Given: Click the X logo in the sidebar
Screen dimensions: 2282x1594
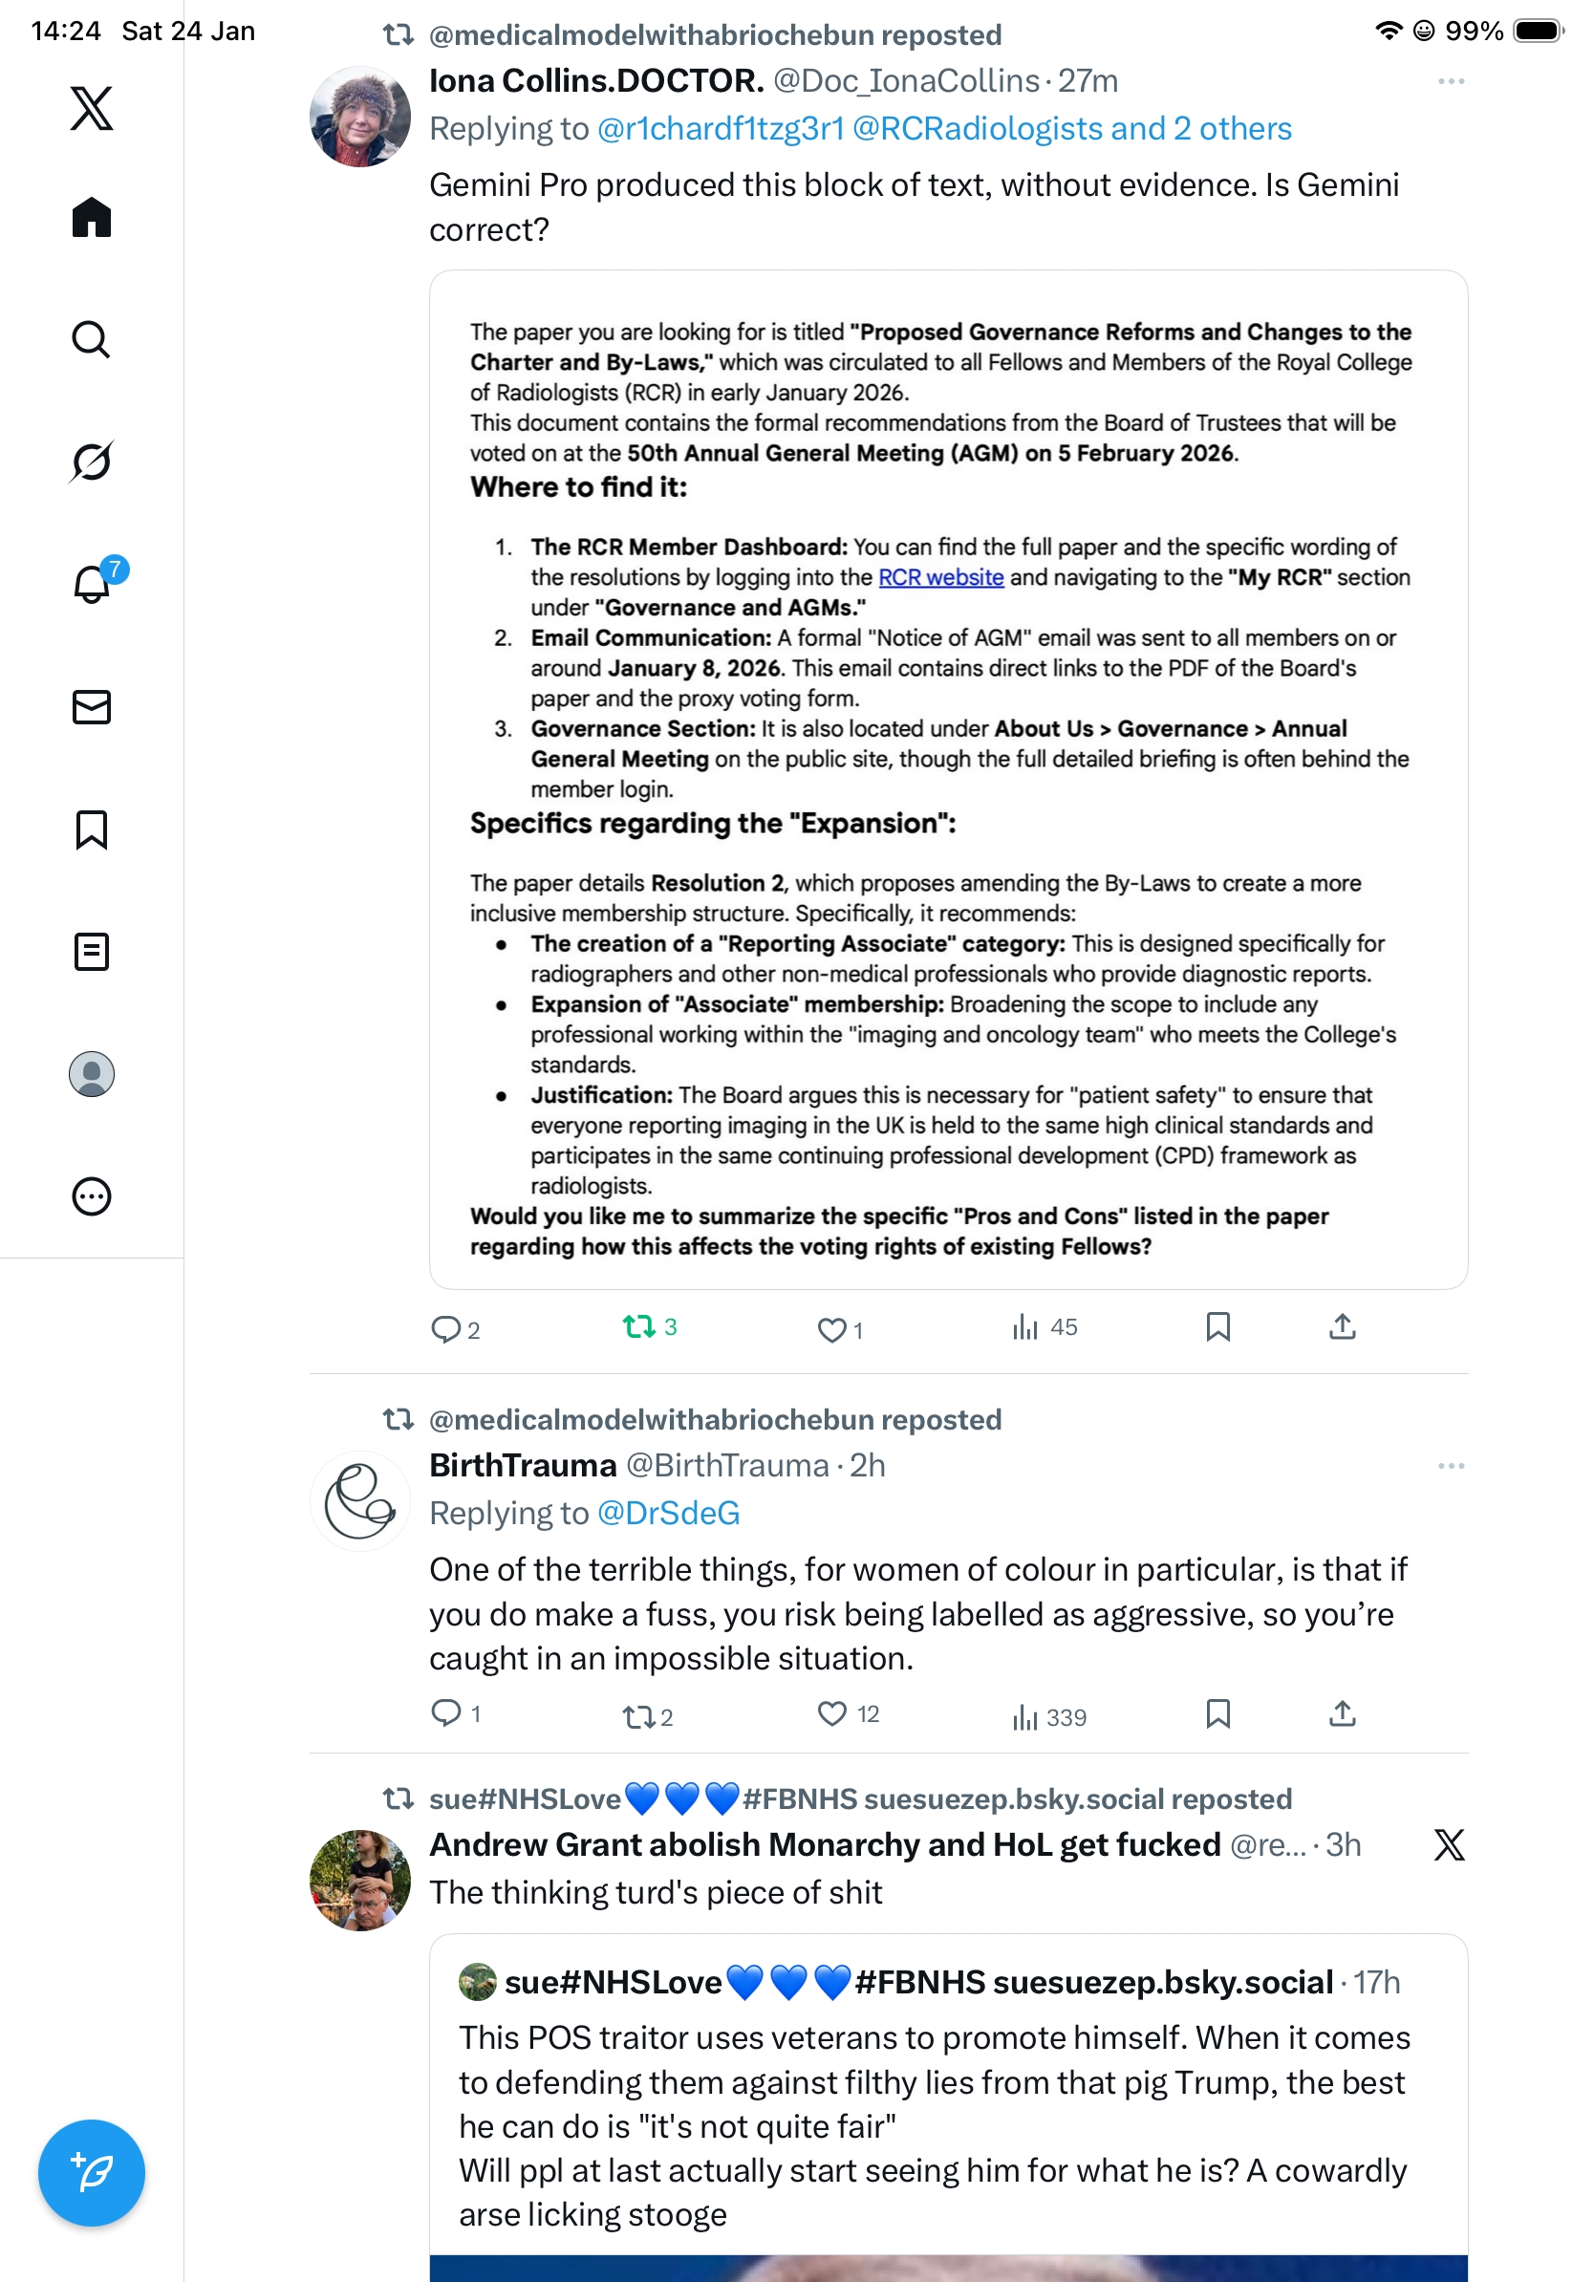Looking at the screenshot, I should [x=92, y=108].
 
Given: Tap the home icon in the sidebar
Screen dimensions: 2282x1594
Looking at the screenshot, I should [x=92, y=217].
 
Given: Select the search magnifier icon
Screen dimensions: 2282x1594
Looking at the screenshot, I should [x=92, y=340].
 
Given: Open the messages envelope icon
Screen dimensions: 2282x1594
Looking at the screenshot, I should [x=92, y=706].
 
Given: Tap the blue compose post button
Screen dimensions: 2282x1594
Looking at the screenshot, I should [x=92, y=2173].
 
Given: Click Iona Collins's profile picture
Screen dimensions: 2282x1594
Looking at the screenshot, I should [x=359, y=117].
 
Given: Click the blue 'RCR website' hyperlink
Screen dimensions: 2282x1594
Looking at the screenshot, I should [x=940, y=577].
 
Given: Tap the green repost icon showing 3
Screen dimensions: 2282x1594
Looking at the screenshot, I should [x=638, y=1326].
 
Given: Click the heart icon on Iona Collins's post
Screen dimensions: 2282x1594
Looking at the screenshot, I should [x=830, y=1329].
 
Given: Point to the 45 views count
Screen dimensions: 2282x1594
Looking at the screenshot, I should [x=1063, y=1326].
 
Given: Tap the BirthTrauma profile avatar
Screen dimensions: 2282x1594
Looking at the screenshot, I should [x=359, y=1501].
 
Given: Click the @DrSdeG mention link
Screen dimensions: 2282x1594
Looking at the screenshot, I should [x=668, y=1513].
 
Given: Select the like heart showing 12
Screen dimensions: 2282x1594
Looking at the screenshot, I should [x=831, y=1713].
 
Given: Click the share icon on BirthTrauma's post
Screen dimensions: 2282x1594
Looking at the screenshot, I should [x=1342, y=1713].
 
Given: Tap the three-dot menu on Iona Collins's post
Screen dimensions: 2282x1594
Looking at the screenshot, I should [x=1451, y=81].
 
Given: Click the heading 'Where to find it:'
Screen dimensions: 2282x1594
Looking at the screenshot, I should [x=578, y=487].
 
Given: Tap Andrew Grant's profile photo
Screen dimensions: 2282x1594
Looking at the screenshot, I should [x=359, y=1880].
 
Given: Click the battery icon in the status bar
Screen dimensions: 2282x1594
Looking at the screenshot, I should [x=1538, y=31].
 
